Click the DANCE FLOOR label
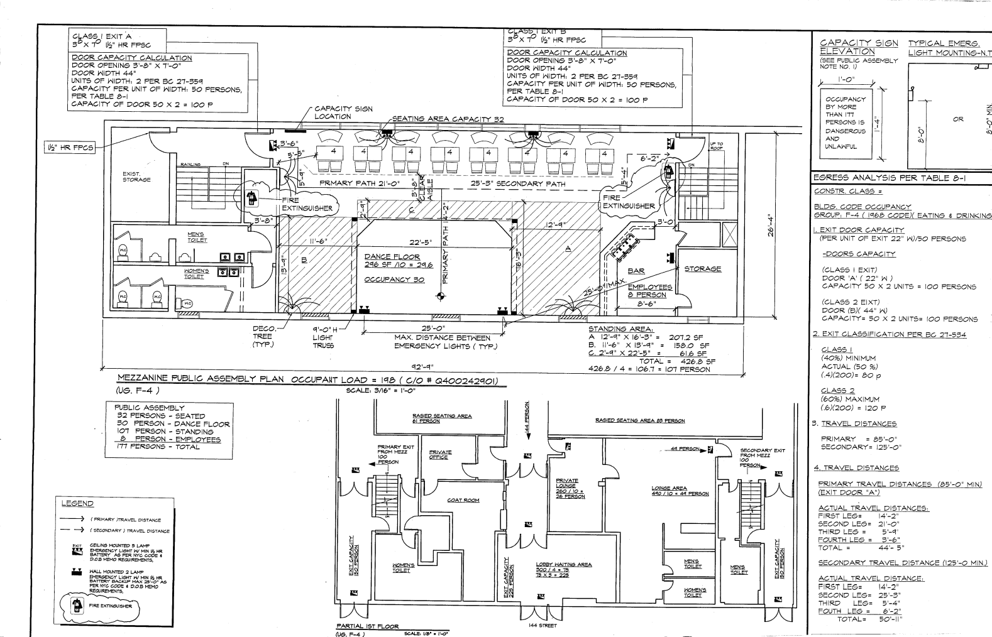pos(385,257)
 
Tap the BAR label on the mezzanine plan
pos(636,271)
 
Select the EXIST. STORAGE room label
pos(136,177)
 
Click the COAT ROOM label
pos(463,500)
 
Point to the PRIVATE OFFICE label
pos(439,454)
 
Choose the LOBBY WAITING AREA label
pos(563,564)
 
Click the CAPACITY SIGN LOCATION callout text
pos(343,112)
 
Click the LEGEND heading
pos(77,503)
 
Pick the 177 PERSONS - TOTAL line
pos(157,447)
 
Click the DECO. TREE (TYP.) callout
pos(264,337)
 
